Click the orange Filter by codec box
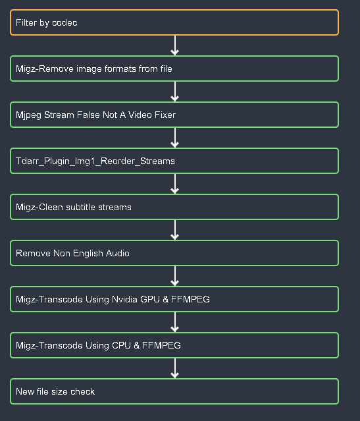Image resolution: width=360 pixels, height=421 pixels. [174, 22]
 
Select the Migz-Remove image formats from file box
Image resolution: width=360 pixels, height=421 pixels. [174, 69]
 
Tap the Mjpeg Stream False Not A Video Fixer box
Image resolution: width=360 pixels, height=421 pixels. [174, 115]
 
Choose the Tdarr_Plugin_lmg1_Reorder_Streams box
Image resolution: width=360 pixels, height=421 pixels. [174, 161]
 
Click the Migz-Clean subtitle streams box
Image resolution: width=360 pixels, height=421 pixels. [174, 207]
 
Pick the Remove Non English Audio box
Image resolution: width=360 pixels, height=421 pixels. [174, 253]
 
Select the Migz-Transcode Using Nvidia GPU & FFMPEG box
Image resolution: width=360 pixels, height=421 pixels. [174, 299]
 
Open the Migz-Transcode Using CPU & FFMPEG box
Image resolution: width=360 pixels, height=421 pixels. [174, 345]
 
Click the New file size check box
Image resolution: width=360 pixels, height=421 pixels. [174, 391]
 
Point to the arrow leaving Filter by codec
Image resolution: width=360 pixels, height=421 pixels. [174, 45]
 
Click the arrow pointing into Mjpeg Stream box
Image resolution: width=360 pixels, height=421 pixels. [174, 92]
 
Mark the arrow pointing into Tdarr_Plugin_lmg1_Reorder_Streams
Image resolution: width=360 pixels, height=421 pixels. [174, 138]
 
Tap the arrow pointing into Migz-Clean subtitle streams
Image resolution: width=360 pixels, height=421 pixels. [174, 184]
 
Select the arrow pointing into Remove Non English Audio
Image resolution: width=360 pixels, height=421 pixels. [174, 230]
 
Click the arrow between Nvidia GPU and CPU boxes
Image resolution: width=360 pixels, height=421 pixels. [174, 322]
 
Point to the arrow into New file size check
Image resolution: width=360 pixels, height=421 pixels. [174, 368]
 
